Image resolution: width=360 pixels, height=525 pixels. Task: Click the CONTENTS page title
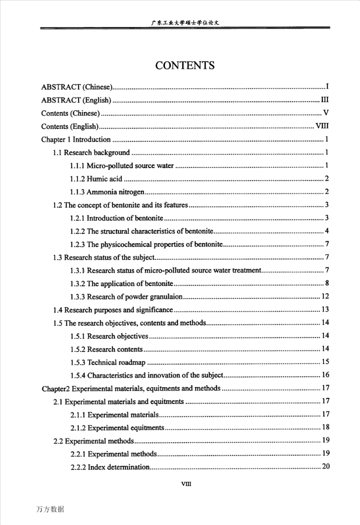[185, 65]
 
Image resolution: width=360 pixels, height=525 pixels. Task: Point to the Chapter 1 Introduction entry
[76, 139]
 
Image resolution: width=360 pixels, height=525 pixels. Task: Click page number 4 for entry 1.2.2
[326, 231]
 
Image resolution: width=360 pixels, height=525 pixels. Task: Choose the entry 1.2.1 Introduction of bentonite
[116, 218]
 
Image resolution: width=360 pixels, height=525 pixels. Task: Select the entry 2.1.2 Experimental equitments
[117, 427]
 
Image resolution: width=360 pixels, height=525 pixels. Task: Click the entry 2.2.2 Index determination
[109, 466]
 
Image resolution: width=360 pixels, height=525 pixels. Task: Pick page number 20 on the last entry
[324, 466]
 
